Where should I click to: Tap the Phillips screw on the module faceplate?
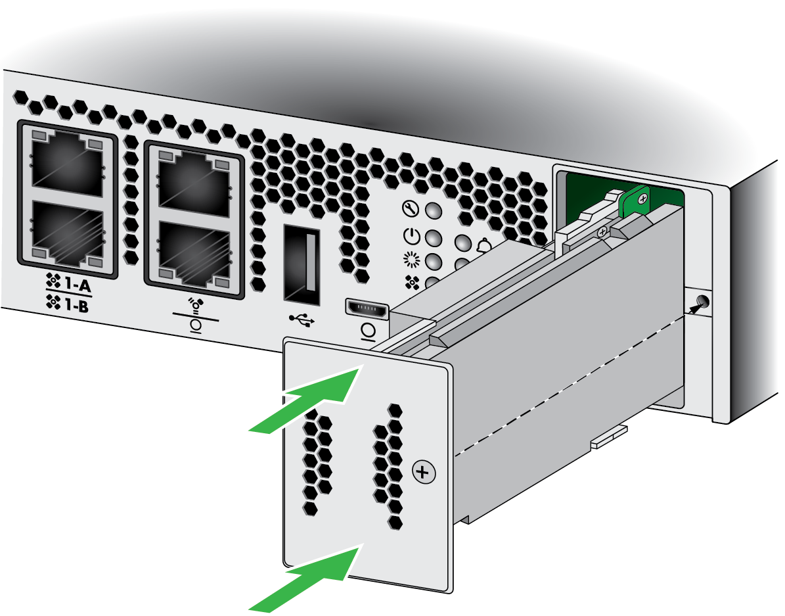[x=424, y=472]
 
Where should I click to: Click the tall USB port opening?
[x=302, y=265]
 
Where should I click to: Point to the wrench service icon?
[x=411, y=208]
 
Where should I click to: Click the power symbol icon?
[x=411, y=235]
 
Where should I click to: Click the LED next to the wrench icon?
[x=434, y=210]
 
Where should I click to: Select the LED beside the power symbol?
[x=434, y=237]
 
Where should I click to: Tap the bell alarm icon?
[x=484, y=246]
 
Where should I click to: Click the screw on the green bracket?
[x=643, y=199]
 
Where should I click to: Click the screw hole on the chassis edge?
[x=702, y=302]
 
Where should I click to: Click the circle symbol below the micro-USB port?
[x=368, y=331]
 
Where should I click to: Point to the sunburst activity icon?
[x=411, y=259]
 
